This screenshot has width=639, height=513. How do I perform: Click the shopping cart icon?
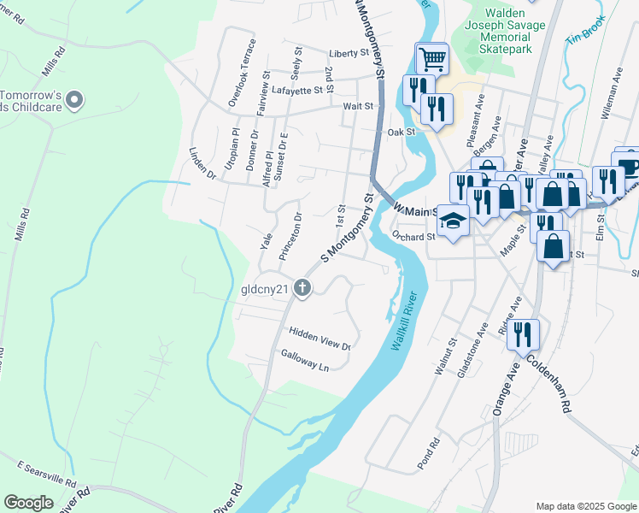432,59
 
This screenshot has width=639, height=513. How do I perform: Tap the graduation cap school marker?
454,221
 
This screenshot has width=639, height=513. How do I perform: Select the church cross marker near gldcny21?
302,288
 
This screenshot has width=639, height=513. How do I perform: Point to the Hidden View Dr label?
319,338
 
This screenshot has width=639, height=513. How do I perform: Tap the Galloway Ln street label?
305,359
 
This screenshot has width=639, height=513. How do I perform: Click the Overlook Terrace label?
242,72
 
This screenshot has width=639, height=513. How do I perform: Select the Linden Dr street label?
202,162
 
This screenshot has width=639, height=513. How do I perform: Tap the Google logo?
28,503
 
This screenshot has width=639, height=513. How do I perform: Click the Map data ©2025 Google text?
585,506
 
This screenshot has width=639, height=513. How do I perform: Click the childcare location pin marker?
74,101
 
